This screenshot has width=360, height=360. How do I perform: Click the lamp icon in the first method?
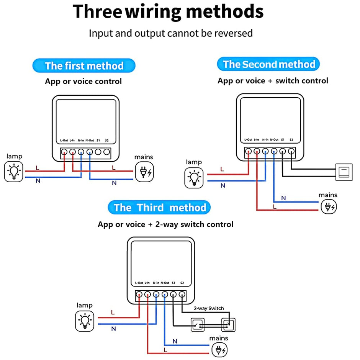coord(14,172)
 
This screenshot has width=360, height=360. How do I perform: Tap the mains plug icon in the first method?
coord(144,172)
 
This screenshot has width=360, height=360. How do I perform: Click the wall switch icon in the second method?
coord(344,171)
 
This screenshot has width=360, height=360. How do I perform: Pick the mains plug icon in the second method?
coord(329,207)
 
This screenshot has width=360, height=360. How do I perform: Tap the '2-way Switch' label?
coord(209,308)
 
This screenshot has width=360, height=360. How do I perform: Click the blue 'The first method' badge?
coord(84,65)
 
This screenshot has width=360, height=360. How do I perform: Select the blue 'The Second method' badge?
coord(268,64)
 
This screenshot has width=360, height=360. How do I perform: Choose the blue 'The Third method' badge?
coord(159,208)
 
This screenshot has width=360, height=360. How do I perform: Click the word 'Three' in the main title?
coord(97,11)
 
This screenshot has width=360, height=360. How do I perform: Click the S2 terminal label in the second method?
coord(291,140)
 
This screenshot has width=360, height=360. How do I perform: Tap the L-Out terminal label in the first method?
coord(64,141)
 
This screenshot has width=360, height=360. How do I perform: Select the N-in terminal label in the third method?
coord(156,283)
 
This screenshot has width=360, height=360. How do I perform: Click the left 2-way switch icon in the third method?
coord(198,325)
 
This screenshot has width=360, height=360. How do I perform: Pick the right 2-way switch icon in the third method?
coord(228,325)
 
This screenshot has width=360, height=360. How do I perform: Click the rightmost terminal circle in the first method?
coord(106,152)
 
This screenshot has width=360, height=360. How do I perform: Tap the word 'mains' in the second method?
coord(328,195)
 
